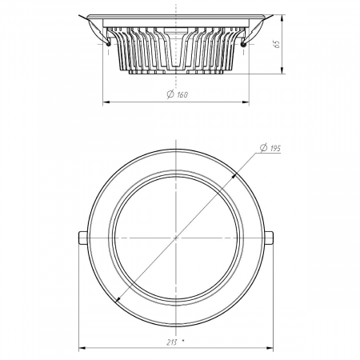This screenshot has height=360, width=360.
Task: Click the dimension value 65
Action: (277, 44)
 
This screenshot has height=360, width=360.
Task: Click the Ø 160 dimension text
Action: (178, 94)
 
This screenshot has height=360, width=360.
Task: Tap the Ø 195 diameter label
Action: (270, 148)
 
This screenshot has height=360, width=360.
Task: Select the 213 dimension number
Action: (172, 342)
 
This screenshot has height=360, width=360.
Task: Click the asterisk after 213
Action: (183, 341)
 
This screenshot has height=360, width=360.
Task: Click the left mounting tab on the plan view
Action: (83, 238)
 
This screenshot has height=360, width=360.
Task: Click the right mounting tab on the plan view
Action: (269, 238)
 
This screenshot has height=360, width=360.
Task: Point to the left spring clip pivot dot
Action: (108, 44)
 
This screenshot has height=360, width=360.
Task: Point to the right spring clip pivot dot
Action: (243, 44)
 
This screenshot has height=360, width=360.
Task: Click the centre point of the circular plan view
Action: (176, 238)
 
